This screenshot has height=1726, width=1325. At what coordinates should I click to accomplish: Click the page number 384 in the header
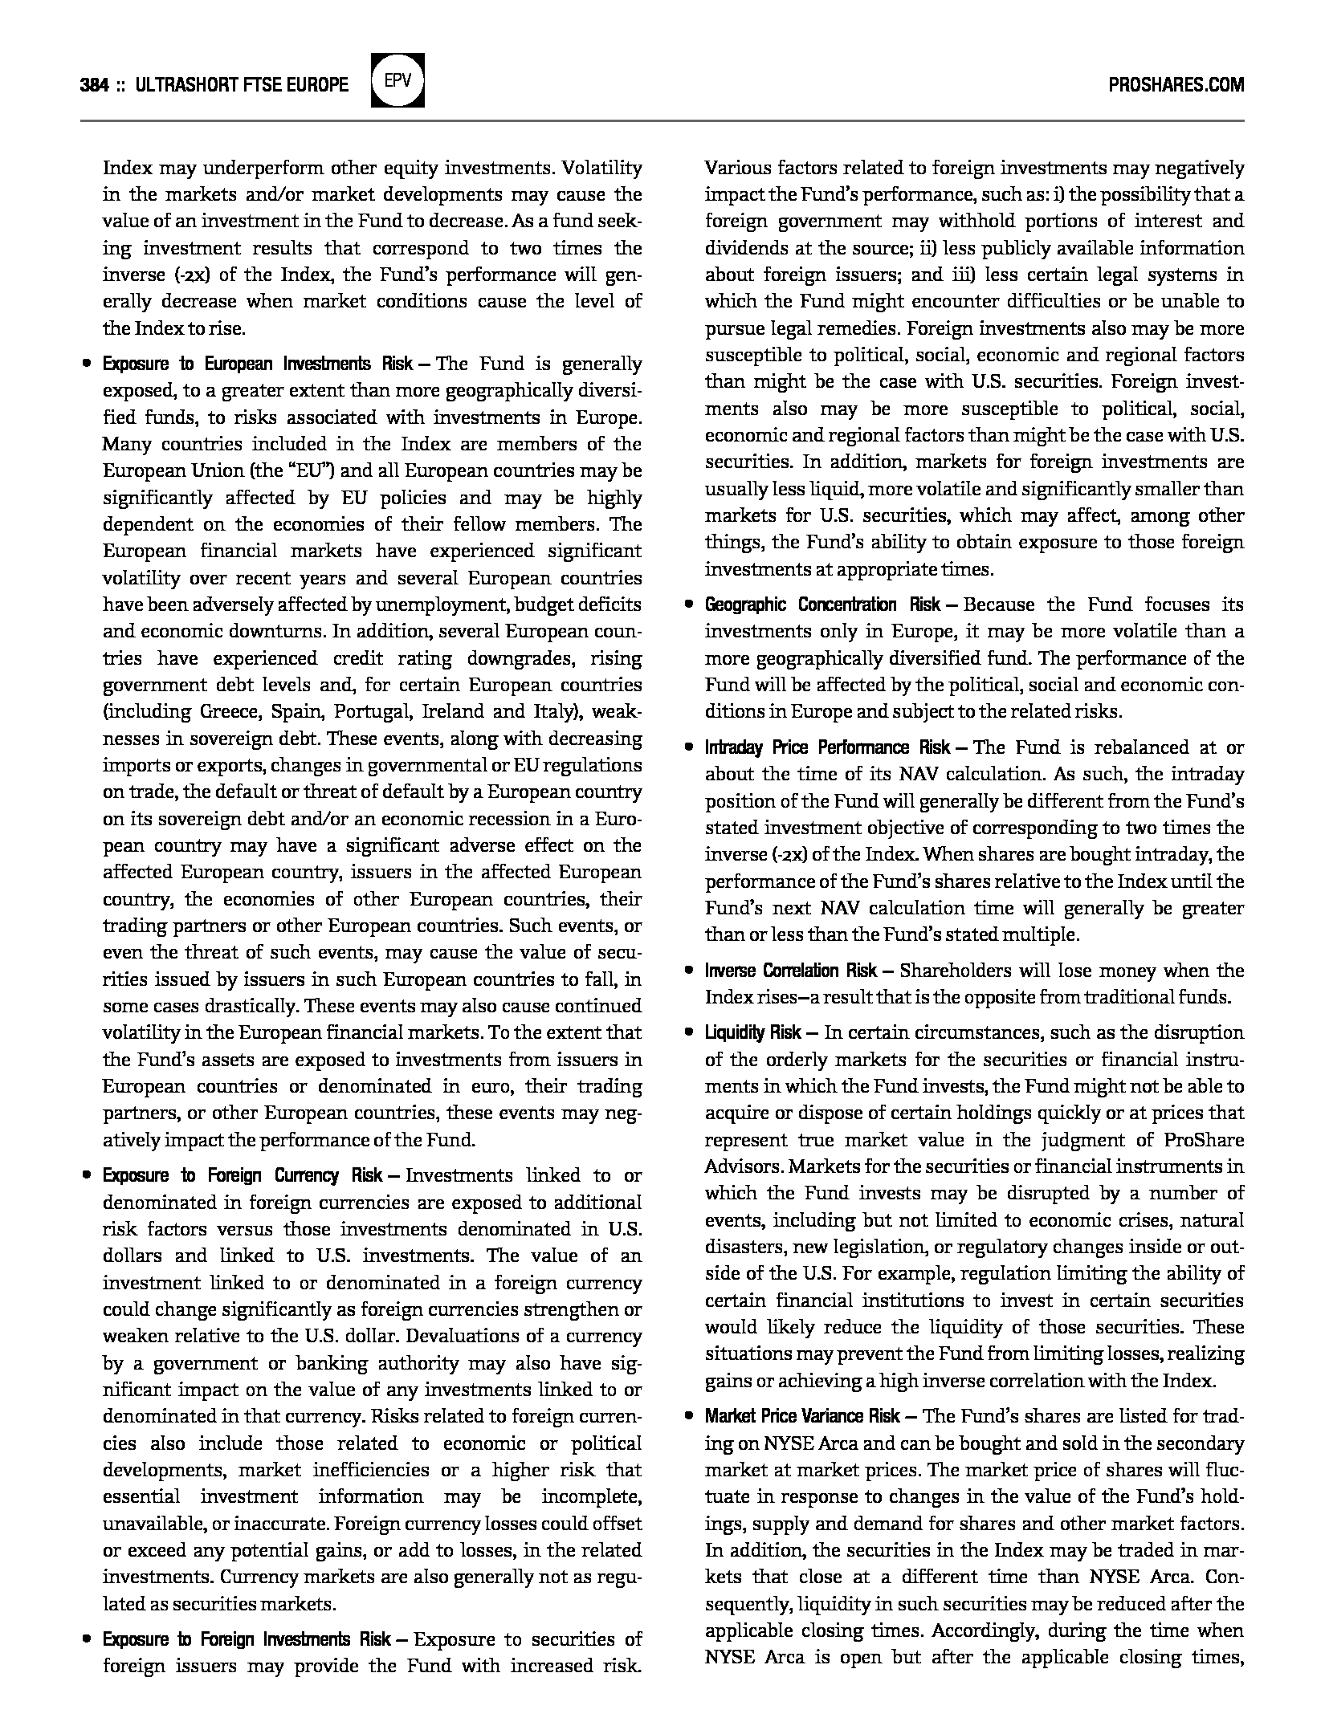click(94, 85)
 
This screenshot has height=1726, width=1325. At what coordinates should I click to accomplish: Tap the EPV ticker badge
click(397, 80)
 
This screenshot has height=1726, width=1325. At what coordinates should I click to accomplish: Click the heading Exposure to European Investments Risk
click(257, 364)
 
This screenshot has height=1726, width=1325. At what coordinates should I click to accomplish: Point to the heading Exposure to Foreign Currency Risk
click(242, 1175)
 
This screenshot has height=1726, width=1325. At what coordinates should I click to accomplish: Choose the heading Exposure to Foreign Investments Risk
click(247, 1639)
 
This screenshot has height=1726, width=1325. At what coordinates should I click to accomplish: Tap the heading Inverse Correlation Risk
click(791, 971)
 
